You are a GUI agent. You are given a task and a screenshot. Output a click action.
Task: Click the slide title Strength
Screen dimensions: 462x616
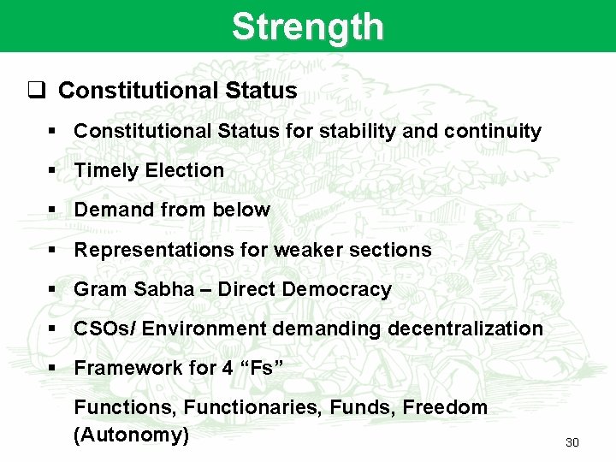pos(307,27)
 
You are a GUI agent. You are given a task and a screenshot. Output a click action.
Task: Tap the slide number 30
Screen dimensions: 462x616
pos(572,442)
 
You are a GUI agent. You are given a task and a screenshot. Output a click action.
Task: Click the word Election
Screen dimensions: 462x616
pos(184,170)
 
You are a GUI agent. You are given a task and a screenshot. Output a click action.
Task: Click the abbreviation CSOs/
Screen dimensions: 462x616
pos(106,329)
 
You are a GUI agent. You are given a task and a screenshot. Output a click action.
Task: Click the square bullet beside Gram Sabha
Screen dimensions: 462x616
pos(52,289)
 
